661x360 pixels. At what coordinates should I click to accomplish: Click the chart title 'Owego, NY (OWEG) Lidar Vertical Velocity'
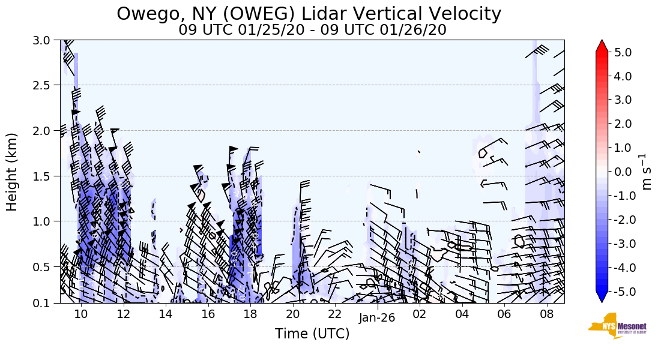[309, 13]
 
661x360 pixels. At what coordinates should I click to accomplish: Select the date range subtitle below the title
[312, 30]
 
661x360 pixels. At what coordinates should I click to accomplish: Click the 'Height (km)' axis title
[13, 172]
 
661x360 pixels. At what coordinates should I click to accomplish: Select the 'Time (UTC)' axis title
[312, 334]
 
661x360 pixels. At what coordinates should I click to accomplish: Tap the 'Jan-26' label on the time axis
[377, 318]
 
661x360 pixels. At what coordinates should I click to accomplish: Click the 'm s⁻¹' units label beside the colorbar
[647, 172]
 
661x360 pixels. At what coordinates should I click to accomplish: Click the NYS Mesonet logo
[612, 325]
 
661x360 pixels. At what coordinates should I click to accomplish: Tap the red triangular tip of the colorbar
[602, 46]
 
